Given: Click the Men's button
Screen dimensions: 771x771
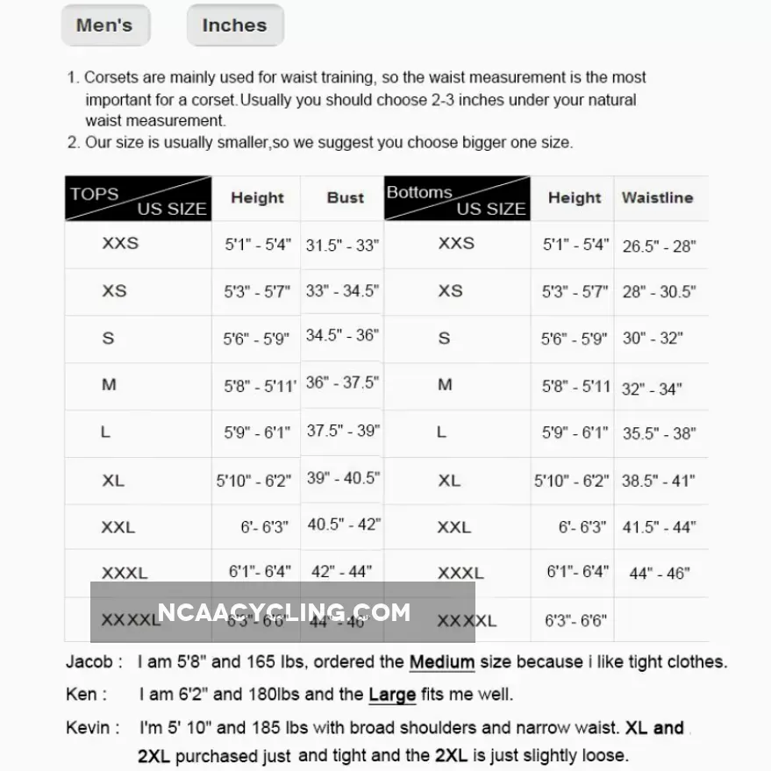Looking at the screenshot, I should [104, 25].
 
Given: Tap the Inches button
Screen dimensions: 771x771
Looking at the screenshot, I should [234, 25].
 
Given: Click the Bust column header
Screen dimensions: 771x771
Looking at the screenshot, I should [345, 198].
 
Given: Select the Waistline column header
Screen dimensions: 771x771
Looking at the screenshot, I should [657, 198].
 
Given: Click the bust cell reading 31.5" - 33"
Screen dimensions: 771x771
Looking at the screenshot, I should [342, 246].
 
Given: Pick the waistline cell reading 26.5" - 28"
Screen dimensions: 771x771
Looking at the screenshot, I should [659, 246].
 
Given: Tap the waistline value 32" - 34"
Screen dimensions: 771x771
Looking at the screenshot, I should [652, 389].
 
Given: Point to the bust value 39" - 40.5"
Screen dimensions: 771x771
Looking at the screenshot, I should [342, 478].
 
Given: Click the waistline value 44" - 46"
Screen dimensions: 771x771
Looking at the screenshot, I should [660, 574].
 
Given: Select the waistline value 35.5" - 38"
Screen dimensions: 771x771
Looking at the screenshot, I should [659, 433].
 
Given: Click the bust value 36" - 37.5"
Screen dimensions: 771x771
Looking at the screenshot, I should [342, 383].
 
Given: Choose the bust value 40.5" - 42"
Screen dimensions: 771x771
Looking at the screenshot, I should [343, 525].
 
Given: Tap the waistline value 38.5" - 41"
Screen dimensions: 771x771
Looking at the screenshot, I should [659, 481].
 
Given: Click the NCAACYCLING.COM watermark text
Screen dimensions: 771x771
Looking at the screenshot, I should [283, 612].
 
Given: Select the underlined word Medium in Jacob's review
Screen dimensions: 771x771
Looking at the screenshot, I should [441, 662].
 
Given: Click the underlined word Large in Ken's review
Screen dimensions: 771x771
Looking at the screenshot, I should [391, 695].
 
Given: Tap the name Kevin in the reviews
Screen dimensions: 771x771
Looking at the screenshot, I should [88, 728].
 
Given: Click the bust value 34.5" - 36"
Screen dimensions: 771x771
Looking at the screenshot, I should [342, 335].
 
